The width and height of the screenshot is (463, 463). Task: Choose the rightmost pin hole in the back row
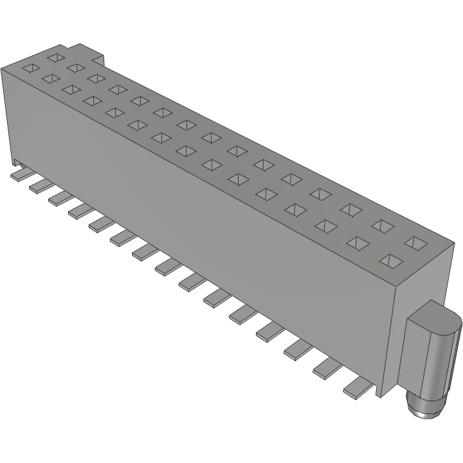pos(417,242)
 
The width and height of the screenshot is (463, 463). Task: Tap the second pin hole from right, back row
pos(383,225)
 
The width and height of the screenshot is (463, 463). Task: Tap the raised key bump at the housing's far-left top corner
pos(84,51)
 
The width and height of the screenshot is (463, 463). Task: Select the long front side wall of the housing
pos(193,212)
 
